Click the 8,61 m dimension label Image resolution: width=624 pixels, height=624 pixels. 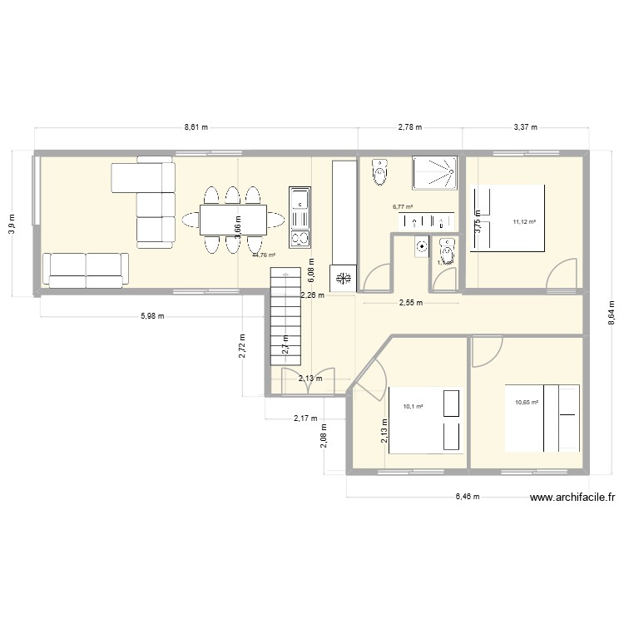[x=196, y=127]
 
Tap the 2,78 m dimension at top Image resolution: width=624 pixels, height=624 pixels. [x=409, y=127]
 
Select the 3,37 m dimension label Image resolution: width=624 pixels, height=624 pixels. [x=524, y=127]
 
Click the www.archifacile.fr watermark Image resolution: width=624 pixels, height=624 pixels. [x=573, y=498]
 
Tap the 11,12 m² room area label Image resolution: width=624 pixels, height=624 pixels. [x=524, y=222]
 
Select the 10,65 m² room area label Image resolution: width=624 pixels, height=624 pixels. [x=527, y=403]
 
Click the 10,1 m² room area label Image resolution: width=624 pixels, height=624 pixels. [x=414, y=406]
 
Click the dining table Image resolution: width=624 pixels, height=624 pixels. [x=232, y=220]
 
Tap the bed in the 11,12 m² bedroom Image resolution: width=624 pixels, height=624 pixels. [x=508, y=217]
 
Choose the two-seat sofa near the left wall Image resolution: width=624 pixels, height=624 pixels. [x=86, y=266]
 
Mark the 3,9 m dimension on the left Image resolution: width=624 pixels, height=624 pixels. [x=12, y=222]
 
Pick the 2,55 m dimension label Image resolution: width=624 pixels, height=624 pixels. [x=411, y=303]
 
